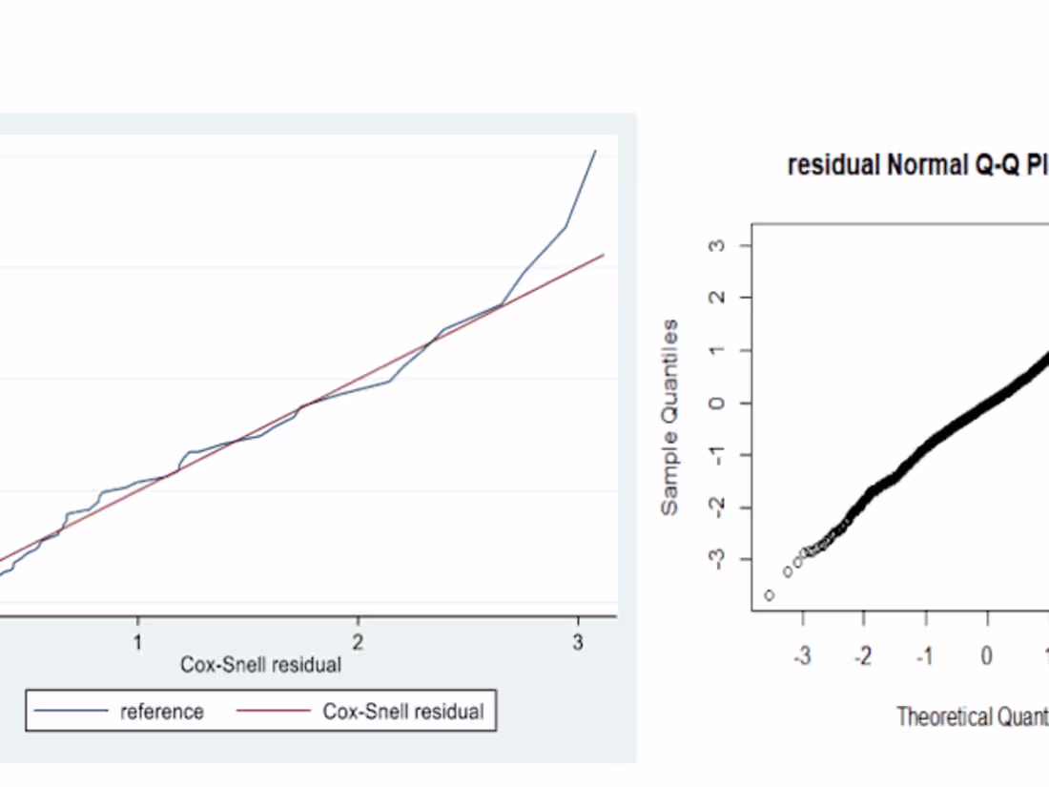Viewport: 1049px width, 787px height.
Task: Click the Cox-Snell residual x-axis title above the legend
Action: pos(260,665)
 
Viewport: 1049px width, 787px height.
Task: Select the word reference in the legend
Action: pos(161,712)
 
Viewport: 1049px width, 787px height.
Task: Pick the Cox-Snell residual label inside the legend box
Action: pos(403,712)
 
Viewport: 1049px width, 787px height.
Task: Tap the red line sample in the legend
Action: pos(274,712)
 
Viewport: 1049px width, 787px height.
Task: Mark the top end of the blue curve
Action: pos(596,151)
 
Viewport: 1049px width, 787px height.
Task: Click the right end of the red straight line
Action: pos(604,255)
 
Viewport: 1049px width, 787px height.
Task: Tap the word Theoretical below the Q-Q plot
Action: pos(942,716)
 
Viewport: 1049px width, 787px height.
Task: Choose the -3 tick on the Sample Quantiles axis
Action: pos(718,559)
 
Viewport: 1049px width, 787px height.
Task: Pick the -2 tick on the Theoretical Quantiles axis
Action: pos(864,656)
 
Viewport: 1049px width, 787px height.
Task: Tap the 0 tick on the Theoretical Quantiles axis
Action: pos(987,656)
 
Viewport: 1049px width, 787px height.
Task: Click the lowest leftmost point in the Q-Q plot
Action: pos(769,595)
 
